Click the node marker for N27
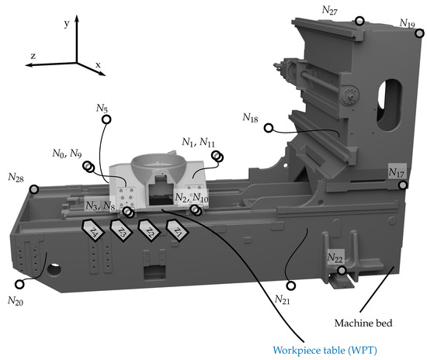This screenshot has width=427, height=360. coord(359,21)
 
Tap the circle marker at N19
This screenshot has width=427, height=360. coord(420,33)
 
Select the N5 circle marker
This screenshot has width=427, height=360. coord(106,119)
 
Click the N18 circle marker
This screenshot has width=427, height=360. coord(269,128)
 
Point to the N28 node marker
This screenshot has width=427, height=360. coord(33,189)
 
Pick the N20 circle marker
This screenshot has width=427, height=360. coord(19,284)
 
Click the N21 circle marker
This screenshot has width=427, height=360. coord(291,286)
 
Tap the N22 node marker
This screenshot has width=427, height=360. coord(342,271)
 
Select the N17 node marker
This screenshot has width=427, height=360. coord(403,185)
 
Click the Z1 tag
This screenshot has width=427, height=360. coord(177,230)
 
